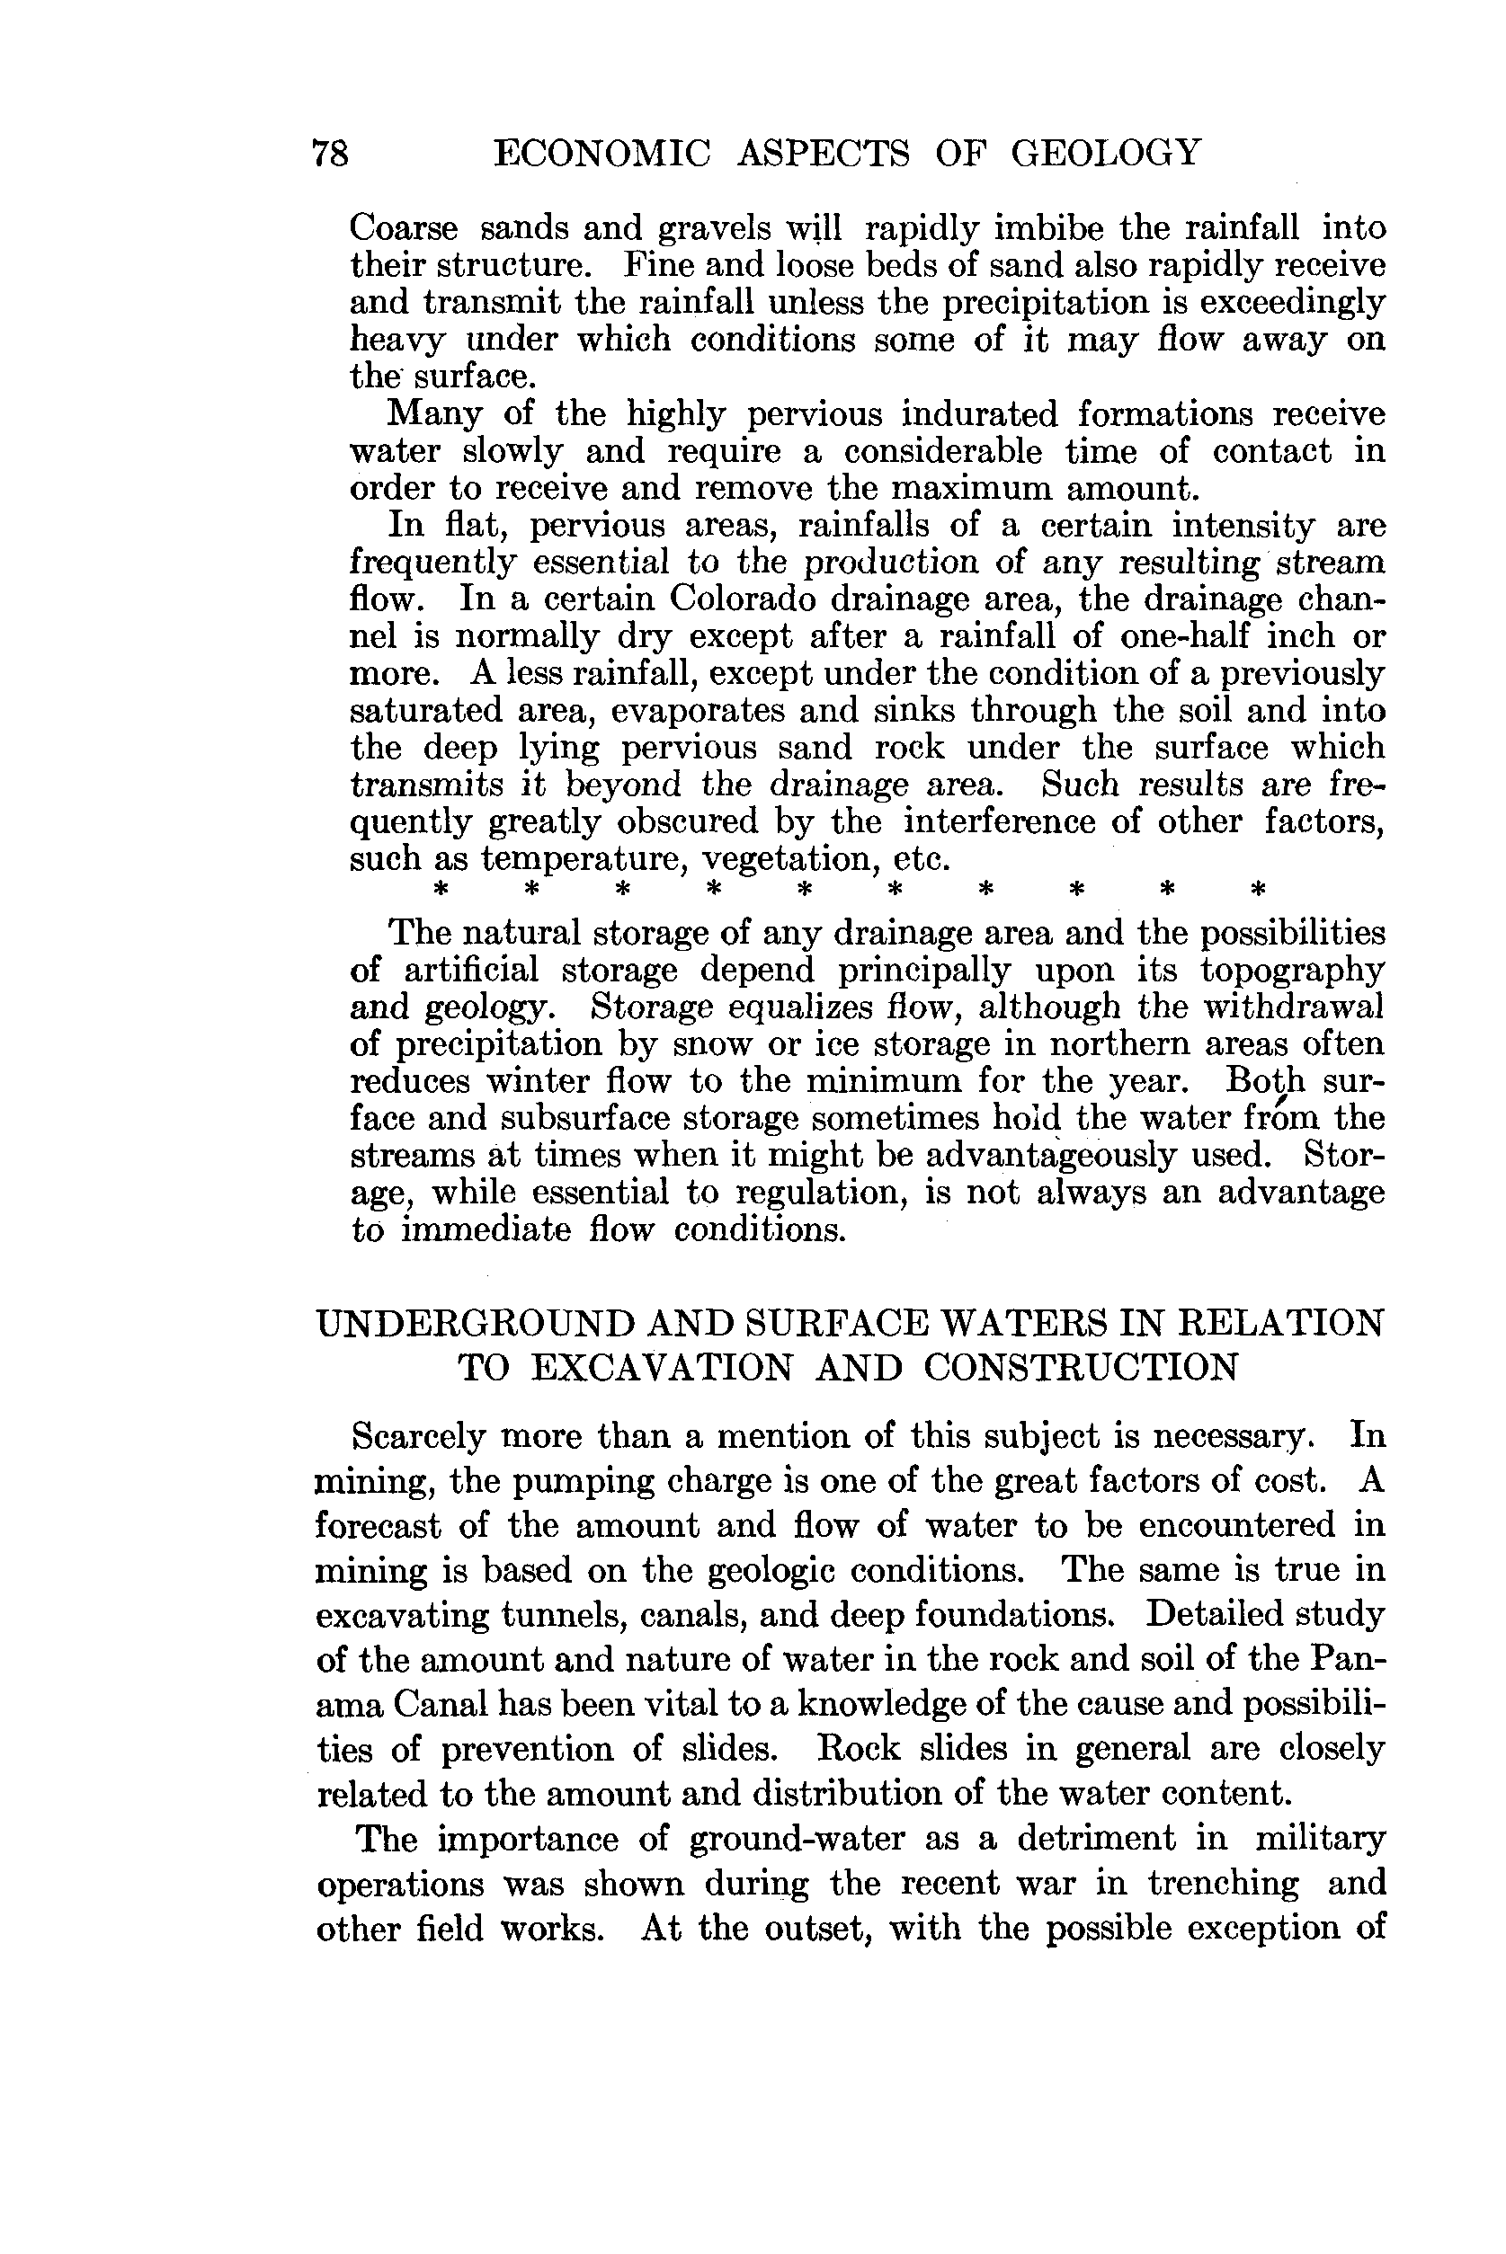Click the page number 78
[x=330, y=154]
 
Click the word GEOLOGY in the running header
[x=1106, y=154]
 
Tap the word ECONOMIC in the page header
[x=602, y=154]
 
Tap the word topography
[x=1292, y=971]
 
